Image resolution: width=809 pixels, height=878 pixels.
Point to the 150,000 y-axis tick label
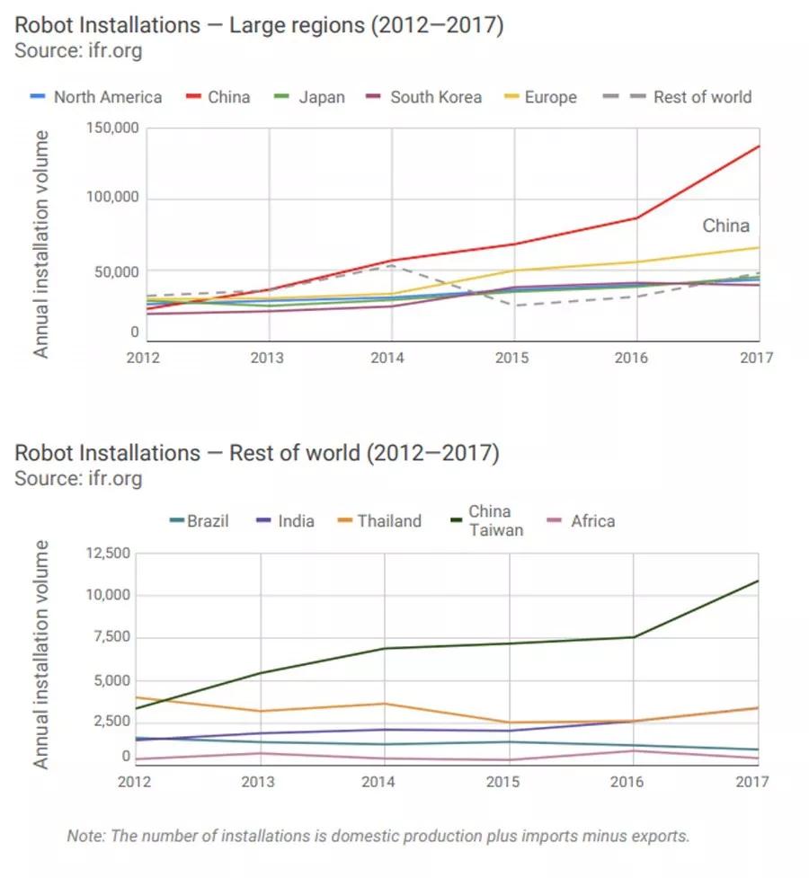pyautogui.click(x=112, y=128)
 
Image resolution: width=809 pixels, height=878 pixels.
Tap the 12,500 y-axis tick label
pyautogui.click(x=108, y=553)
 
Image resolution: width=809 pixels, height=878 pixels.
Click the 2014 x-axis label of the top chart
pyautogui.click(x=387, y=358)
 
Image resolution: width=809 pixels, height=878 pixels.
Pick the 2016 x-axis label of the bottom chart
pyautogui.click(x=627, y=781)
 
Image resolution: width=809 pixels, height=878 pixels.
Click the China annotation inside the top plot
pyautogui.click(x=725, y=226)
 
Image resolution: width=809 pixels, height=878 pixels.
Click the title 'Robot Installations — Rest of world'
pyautogui.click(x=256, y=452)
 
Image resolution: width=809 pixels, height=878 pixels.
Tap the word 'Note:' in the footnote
pyautogui.click(x=87, y=836)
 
